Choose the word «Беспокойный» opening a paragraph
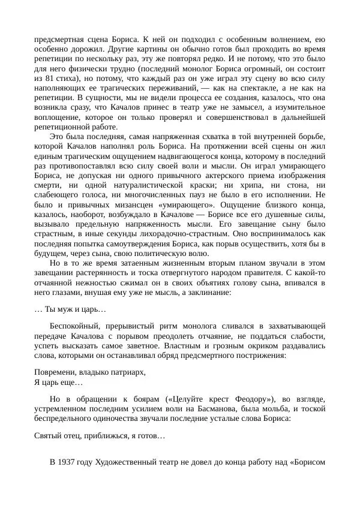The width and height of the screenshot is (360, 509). (76, 326)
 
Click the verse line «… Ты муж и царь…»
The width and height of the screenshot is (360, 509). (70, 309)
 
